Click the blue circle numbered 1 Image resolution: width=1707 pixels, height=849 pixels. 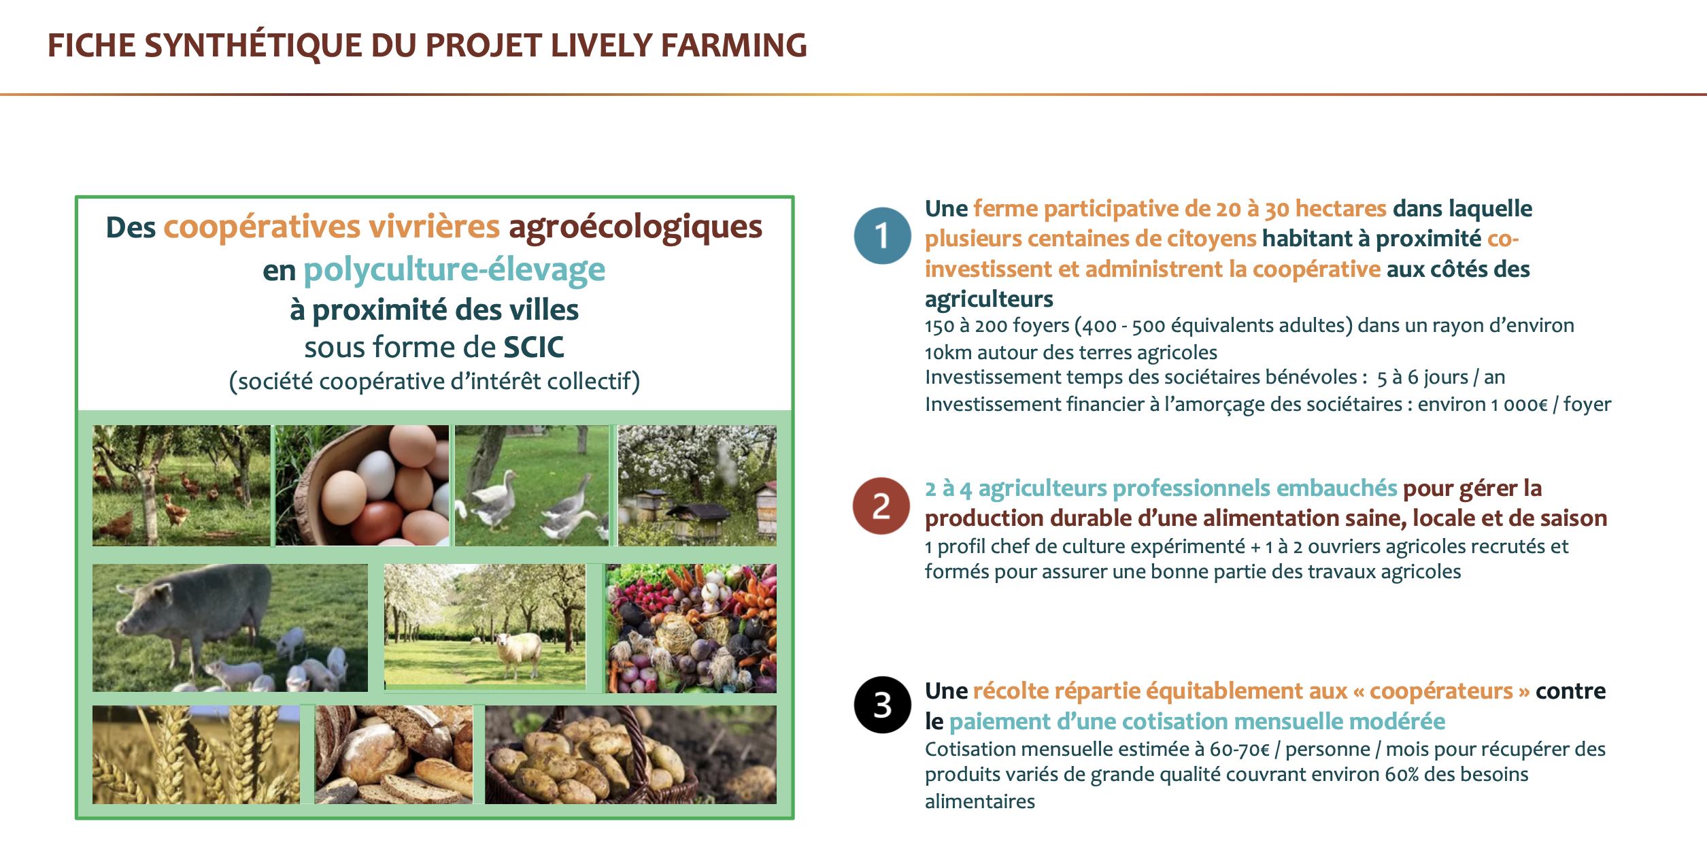[882, 235]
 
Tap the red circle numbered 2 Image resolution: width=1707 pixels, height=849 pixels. [881, 505]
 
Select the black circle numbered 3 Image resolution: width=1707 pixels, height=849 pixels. [882, 704]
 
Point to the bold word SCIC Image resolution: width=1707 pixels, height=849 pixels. [534, 347]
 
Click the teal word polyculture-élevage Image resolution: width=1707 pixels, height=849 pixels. [454, 270]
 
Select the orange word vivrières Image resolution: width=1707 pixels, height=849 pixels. [435, 227]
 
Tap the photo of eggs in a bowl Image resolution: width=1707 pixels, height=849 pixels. [362, 485]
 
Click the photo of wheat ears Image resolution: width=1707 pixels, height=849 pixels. [196, 754]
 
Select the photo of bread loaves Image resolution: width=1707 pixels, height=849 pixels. [394, 754]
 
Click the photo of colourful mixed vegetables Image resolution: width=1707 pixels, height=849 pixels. [691, 628]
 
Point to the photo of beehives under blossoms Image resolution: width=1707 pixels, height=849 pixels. [697, 485]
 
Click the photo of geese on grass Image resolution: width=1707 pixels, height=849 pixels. [532, 485]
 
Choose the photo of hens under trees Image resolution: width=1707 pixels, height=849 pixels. [182, 485]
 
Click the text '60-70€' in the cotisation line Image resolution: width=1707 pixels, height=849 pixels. [1240, 750]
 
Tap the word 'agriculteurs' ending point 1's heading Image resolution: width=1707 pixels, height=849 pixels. [989, 299]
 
